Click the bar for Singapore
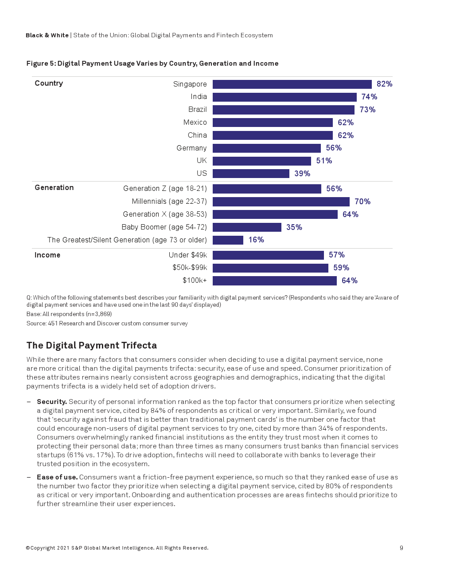point(292,84)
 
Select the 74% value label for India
point(369,97)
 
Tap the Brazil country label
point(197,110)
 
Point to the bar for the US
point(251,174)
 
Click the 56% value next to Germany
point(334,148)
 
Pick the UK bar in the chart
point(261,161)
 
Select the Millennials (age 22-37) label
point(169,202)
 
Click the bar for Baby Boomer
point(247,227)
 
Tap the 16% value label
point(256,240)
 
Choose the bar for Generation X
point(275,214)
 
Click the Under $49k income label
point(188,255)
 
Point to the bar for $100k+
point(274,281)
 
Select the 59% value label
point(341,268)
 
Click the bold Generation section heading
point(54,188)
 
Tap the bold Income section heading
point(47,255)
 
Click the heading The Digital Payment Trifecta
point(92,345)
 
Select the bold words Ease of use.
point(57,477)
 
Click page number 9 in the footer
point(401,548)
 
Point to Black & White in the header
point(47,36)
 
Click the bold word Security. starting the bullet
point(52,402)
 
